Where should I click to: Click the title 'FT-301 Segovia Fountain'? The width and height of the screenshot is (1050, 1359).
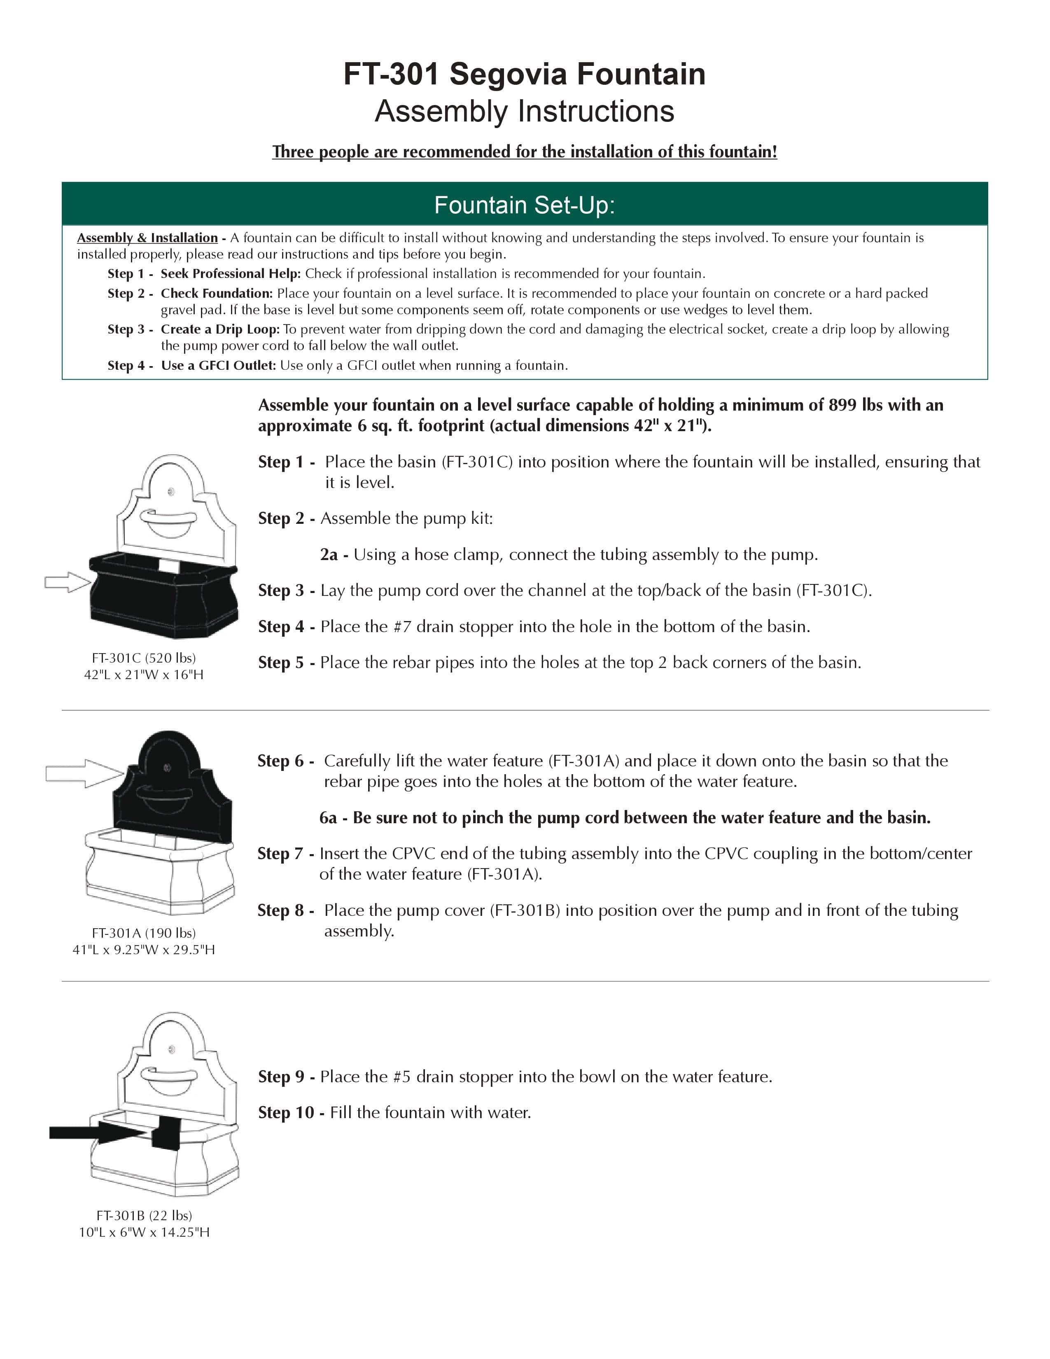[524, 74]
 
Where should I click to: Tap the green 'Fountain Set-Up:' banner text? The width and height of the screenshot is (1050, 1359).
[524, 205]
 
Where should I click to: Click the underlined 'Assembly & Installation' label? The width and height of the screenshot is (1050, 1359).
[147, 238]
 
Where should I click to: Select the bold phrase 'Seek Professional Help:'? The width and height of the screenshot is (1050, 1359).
[231, 274]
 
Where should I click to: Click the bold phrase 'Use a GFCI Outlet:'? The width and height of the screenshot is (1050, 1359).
[218, 365]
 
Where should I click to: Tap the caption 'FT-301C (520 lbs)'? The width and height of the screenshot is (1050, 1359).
[144, 658]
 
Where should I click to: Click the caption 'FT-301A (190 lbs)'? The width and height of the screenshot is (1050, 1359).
[144, 933]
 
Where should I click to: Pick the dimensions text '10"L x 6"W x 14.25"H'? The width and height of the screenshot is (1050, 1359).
[144, 1232]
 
